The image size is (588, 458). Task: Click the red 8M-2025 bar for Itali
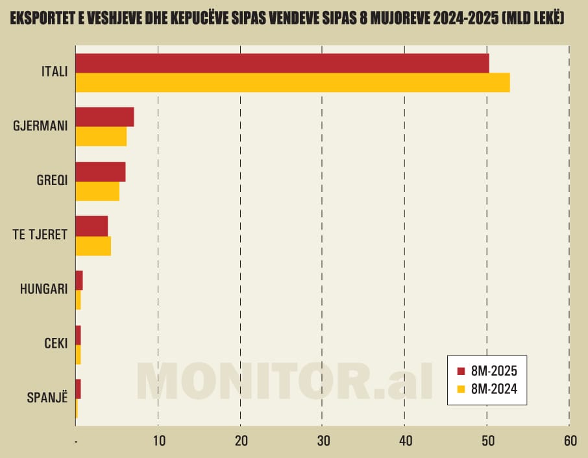[282, 63]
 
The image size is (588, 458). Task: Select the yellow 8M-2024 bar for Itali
[292, 82]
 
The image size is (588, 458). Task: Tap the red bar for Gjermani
[104, 117]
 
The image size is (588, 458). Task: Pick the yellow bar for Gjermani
[101, 136]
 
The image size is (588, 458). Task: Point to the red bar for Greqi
[101, 172]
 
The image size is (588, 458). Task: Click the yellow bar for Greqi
[97, 191]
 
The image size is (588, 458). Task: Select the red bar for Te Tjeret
[92, 226]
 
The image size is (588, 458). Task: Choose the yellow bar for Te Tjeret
[93, 246]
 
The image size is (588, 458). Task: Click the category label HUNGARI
[44, 289]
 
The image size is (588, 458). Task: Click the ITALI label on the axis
[54, 72]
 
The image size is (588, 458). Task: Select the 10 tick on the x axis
[158, 441]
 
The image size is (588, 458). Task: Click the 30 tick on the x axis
[323, 441]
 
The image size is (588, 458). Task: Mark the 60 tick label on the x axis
[569, 441]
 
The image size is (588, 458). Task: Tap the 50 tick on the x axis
[487, 441]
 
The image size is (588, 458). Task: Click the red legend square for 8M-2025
[461, 371]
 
